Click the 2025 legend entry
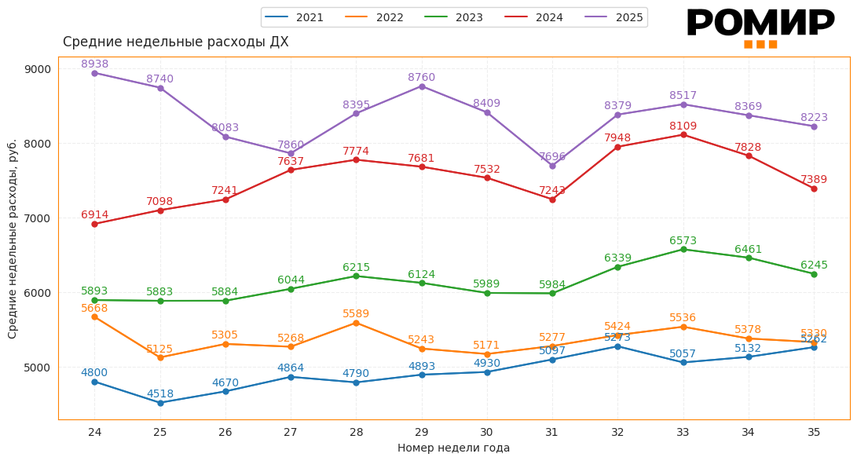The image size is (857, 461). click(x=613, y=17)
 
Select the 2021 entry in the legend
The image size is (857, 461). click(x=295, y=17)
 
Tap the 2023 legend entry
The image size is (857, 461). click(x=453, y=17)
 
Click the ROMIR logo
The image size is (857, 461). click(x=760, y=27)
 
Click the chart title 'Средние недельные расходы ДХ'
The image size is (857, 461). click(x=175, y=42)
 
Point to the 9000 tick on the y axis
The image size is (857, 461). click(x=38, y=69)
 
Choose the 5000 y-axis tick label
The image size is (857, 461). click(x=38, y=368)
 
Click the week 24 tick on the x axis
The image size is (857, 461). click(x=94, y=432)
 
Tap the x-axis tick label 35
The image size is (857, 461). click(x=813, y=432)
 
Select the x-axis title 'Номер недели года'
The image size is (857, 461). click(x=453, y=448)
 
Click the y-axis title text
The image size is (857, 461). click(x=13, y=239)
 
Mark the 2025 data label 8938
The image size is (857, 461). click(x=94, y=64)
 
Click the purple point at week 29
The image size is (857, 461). click(x=422, y=86)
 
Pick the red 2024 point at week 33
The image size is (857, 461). click(x=683, y=135)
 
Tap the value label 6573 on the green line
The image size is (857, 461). click(x=683, y=241)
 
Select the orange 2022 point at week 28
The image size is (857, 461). click(x=356, y=323)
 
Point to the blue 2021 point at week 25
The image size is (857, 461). click(x=160, y=403)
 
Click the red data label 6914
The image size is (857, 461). click(x=94, y=215)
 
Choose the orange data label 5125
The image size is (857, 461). click(x=160, y=349)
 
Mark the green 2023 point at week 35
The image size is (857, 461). click(x=814, y=274)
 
